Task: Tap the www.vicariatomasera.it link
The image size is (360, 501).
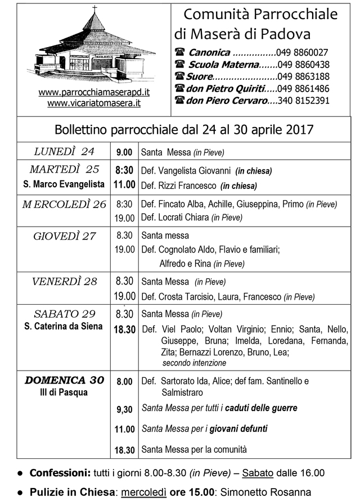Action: point(94,103)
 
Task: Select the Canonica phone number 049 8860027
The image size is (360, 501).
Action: point(303,52)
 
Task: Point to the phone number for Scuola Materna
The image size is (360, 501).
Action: point(304,65)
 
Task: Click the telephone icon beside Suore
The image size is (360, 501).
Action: point(179,76)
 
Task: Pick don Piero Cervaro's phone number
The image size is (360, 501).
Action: point(303,101)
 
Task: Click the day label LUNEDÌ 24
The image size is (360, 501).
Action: point(64,151)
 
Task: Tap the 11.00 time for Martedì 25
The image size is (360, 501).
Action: point(125,184)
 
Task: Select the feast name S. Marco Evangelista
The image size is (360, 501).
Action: point(64,184)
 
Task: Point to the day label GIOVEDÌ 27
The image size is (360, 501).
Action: point(64,236)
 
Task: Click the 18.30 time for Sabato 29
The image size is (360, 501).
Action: point(125,330)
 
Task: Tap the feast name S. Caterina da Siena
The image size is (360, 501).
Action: point(64,326)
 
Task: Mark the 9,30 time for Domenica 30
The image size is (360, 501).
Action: point(124,410)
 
